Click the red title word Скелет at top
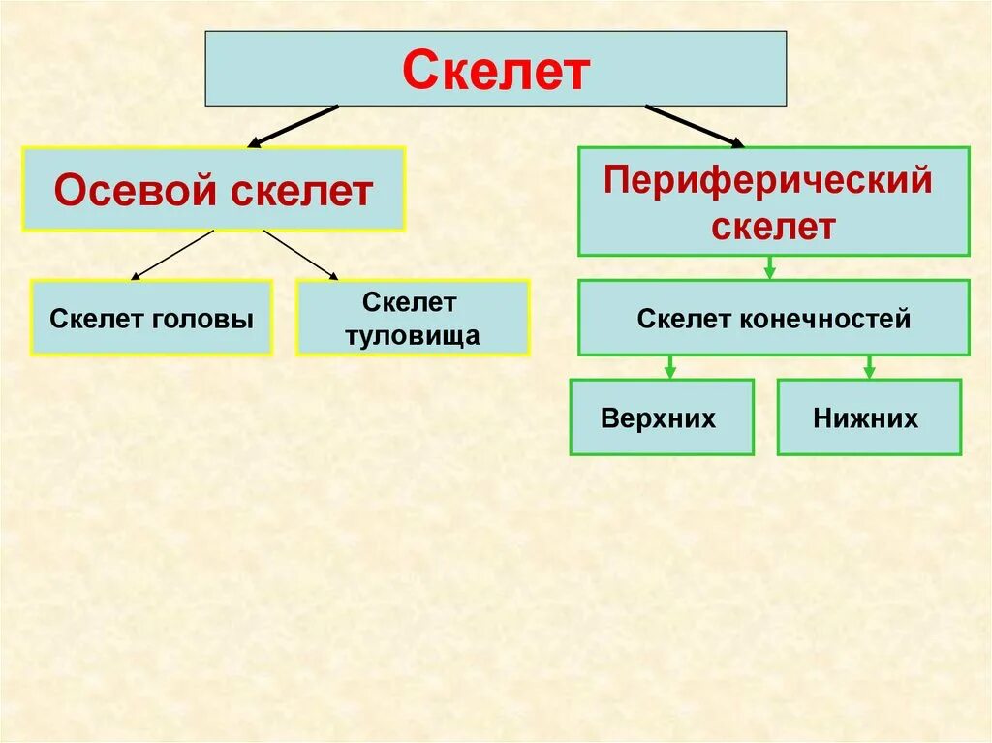(495, 71)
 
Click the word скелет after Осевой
(302, 191)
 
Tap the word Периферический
(767, 181)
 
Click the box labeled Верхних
(661, 418)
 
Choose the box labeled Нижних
(869, 418)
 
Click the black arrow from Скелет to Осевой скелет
(293, 126)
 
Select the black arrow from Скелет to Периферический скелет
(694, 126)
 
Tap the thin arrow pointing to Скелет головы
(171, 255)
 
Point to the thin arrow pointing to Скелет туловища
(301, 255)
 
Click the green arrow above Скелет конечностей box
(769, 267)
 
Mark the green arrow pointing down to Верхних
(668, 366)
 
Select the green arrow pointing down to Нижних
(869, 366)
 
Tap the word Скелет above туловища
(410, 302)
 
